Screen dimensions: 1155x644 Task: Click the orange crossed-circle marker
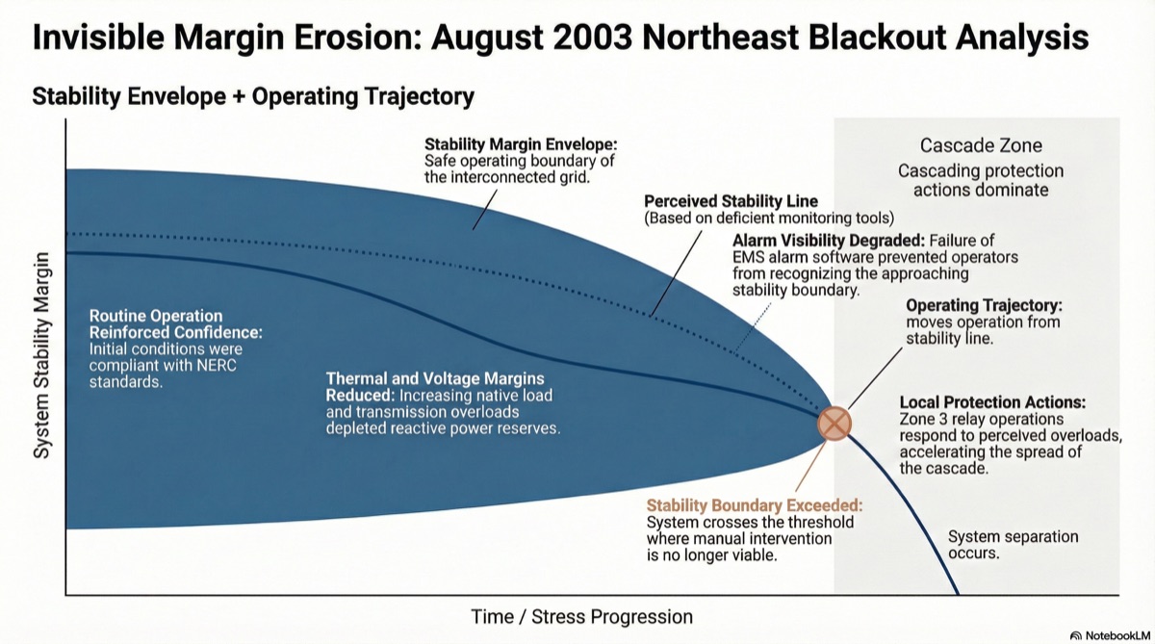(x=834, y=424)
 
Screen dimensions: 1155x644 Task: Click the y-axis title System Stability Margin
(x=41, y=355)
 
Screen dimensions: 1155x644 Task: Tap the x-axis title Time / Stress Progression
(x=581, y=617)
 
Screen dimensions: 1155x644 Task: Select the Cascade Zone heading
(x=981, y=145)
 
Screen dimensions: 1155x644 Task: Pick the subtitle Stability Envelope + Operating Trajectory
(x=253, y=96)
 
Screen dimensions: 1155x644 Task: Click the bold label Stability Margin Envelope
(x=521, y=143)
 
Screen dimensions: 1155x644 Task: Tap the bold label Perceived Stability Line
(x=731, y=201)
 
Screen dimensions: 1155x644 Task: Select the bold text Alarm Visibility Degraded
(x=829, y=241)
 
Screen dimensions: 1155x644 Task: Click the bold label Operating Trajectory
(x=985, y=305)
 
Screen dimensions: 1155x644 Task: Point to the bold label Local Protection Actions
(x=992, y=402)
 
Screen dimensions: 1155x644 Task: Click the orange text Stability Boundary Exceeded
(x=755, y=505)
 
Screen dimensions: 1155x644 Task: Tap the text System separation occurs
(x=1014, y=545)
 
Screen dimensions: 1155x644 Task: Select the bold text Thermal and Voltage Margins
(x=435, y=379)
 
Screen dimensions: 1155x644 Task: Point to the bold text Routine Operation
(x=156, y=316)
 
